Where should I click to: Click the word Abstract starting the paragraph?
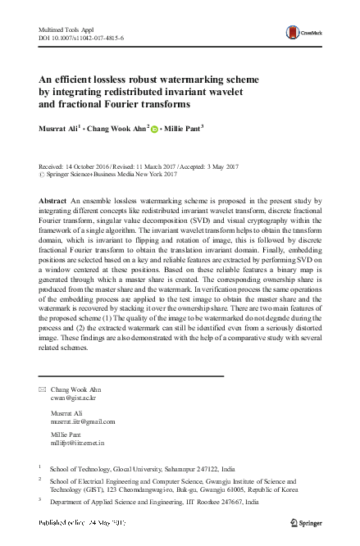point(54,201)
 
